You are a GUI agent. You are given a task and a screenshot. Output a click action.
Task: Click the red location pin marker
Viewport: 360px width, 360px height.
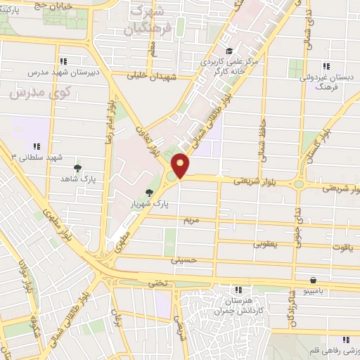click(x=181, y=165)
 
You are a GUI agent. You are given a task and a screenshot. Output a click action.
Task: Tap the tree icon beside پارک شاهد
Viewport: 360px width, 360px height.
click(x=77, y=168)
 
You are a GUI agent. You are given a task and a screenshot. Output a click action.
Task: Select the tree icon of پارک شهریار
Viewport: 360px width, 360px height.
click(x=149, y=192)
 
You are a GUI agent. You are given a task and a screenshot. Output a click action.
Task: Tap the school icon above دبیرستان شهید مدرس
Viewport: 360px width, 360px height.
click(x=64, y=60)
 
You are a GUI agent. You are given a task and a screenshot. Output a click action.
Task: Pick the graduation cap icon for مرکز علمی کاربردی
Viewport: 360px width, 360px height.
click(x=229, y=50)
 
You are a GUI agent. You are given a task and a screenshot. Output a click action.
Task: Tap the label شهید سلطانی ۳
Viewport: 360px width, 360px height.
click(x=28, y=156)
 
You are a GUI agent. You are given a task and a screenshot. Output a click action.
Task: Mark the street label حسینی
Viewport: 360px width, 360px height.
click(x=182, y=259)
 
